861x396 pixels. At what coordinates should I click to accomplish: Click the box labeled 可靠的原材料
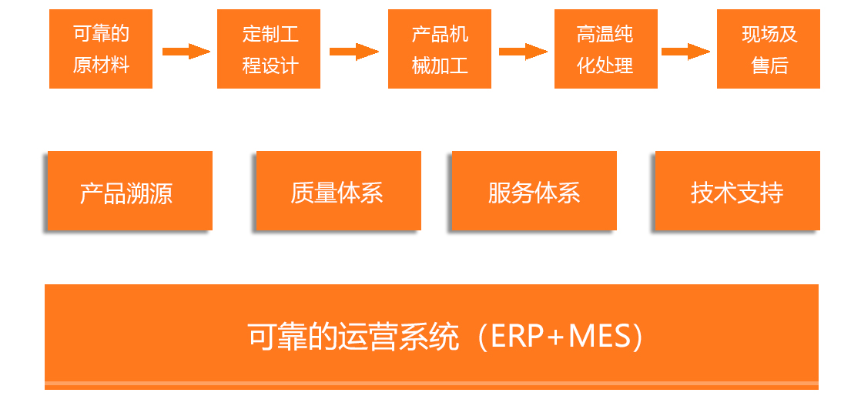(101, 49)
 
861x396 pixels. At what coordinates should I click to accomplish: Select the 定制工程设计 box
(269, 49)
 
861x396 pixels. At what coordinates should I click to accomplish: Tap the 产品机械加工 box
(440, 49)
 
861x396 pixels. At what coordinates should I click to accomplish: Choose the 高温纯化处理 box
(606, 49)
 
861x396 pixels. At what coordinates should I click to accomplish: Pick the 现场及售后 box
(769, 49)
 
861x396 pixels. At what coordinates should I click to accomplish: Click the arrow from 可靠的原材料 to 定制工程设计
(186, 52)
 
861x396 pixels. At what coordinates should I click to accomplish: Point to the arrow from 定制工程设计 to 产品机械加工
(353, 52)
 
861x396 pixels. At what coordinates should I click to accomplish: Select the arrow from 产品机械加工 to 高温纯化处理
(523, 52)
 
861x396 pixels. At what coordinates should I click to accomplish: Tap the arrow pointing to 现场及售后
(685, 52)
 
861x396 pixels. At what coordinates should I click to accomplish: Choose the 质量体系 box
(338, 191)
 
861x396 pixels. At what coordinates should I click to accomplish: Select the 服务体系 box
(534, 191)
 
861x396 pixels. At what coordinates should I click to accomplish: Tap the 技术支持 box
(737, 191)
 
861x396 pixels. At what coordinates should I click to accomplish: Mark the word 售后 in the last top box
(769, 65)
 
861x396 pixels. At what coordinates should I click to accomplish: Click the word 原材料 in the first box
(101, 65)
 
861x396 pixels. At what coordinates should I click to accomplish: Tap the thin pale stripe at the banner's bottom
(431, 383)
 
